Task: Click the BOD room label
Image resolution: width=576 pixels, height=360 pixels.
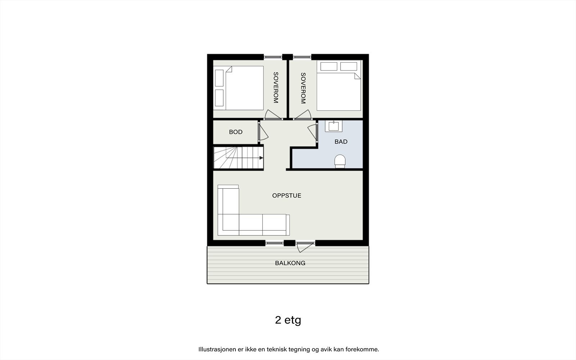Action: [235, 132]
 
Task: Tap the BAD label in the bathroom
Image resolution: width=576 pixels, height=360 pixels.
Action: [341, 142]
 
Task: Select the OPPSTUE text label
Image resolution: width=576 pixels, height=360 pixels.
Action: [287, 195]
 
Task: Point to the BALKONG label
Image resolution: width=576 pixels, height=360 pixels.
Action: [290, 263]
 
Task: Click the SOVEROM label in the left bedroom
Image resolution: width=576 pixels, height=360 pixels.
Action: [276, 88]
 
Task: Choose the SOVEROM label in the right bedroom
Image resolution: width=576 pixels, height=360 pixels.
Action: [303, 88]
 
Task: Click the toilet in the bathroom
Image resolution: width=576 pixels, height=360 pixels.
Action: [340, 161]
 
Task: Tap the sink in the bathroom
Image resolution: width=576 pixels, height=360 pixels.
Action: [333, 126]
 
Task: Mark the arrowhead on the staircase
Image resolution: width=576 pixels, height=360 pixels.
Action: [261, 158]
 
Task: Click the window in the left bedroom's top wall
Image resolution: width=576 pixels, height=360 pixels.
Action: [273, 57]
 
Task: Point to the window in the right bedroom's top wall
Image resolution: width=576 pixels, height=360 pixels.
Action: [302, 57]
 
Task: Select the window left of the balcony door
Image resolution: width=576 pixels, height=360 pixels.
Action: [274, 243]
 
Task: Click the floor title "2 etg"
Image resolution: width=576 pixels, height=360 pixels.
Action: [288, 320]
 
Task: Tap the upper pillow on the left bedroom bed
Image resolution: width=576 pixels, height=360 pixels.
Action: [219, 78]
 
